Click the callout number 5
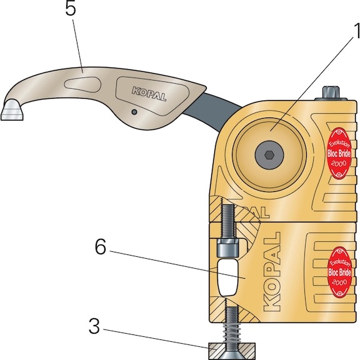coord(71,9)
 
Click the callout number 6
coord(101,247)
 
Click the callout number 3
coord(94,326)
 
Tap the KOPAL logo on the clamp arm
coord(149,94)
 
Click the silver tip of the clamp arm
coord(12,110)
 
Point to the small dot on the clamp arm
coord(134,112)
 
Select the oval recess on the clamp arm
coord(82,85)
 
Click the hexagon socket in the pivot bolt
coord(269,155)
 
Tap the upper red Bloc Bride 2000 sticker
coord(339,153)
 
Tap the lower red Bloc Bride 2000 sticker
coord(339,272)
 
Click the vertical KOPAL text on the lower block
coord(272,272)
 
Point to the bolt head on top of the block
coord(331,94)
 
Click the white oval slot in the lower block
coord(228,277)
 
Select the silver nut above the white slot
coord(228,247)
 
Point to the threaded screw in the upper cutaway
coord(228,221)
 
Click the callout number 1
coord(357,31)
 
